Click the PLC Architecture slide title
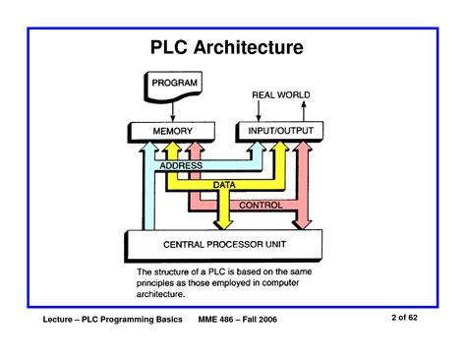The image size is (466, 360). [233, 46]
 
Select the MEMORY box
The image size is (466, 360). [173, 130]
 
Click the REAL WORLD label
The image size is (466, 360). [279, 96]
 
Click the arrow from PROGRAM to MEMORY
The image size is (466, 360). [173, 110]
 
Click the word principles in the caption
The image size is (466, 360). [160, 281]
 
